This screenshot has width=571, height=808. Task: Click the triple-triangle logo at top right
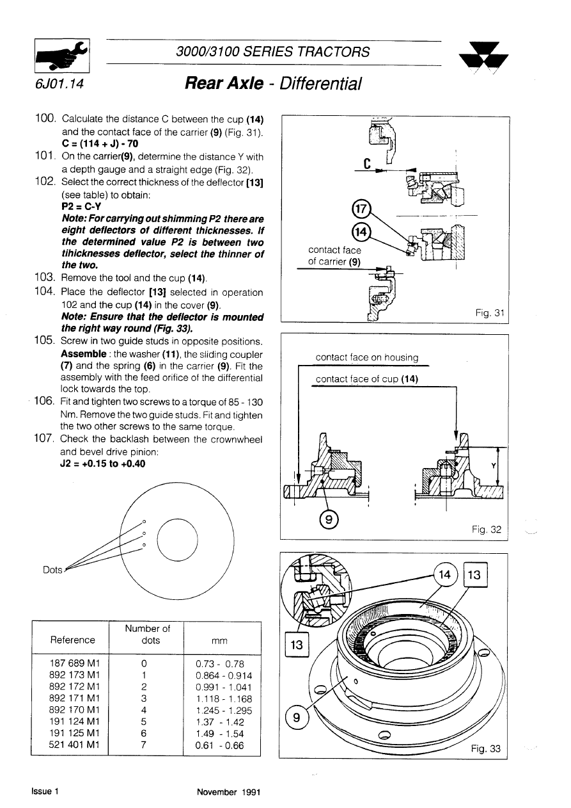483,59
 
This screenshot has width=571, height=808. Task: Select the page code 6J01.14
60,84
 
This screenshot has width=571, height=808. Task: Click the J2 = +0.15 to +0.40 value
102,464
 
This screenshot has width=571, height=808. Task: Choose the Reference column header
72,640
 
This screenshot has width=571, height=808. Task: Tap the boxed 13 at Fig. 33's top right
474,574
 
